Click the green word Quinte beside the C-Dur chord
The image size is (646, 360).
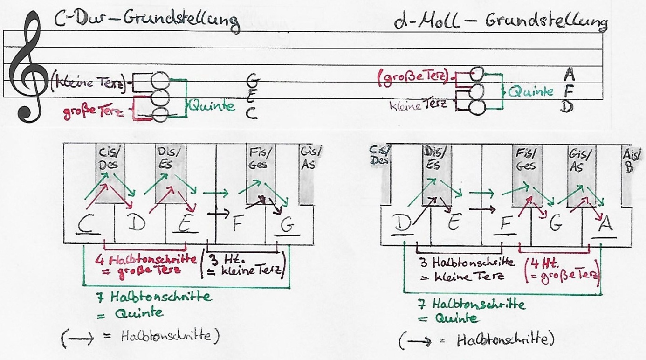coord(211,107)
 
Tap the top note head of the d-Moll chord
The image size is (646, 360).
coord(477,74)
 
